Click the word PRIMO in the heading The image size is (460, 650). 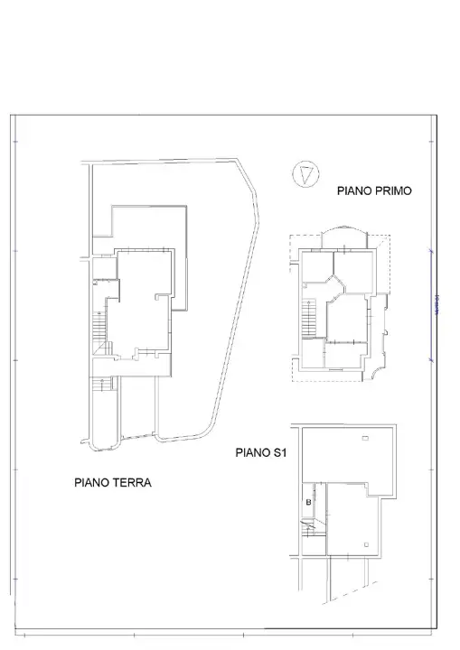(x=394, y=190)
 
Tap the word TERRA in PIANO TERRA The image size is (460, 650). (x=132, y=483)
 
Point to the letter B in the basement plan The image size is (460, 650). (x=308, y=502)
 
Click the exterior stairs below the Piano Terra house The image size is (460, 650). (x=105, y=385)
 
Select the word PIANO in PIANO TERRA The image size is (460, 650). (x=93, y=483)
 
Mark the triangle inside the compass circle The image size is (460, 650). (x=307, y=172)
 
